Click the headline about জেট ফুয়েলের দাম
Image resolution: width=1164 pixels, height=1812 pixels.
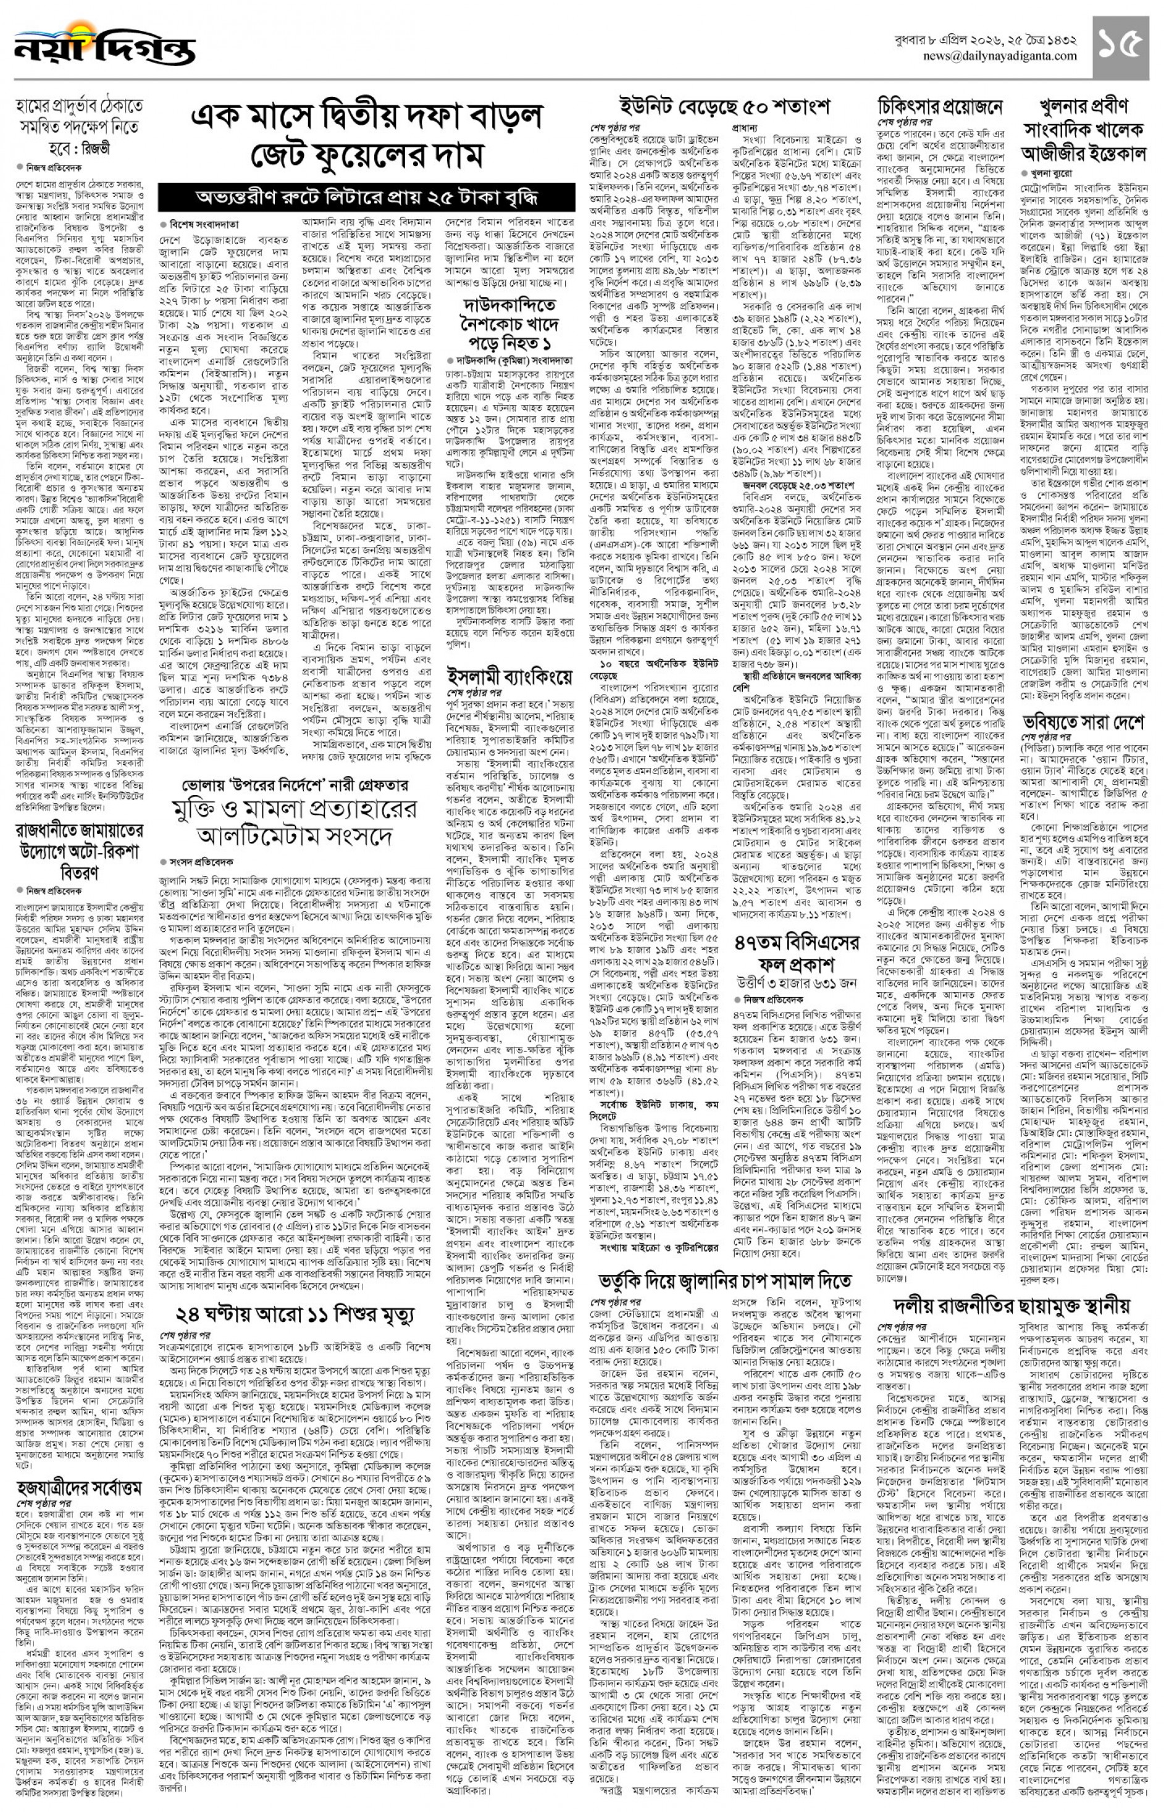[367, 136]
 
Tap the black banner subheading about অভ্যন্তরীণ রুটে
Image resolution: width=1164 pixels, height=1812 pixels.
[367, 198]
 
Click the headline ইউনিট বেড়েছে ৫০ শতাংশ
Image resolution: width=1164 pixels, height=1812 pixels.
[724, 106]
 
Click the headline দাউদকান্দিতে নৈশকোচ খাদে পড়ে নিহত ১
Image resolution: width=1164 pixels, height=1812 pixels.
[510, 324]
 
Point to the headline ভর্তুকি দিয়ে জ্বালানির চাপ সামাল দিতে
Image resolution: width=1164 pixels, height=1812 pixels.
[725, 1282]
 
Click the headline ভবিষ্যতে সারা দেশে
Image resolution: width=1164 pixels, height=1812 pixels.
[1083, 723]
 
